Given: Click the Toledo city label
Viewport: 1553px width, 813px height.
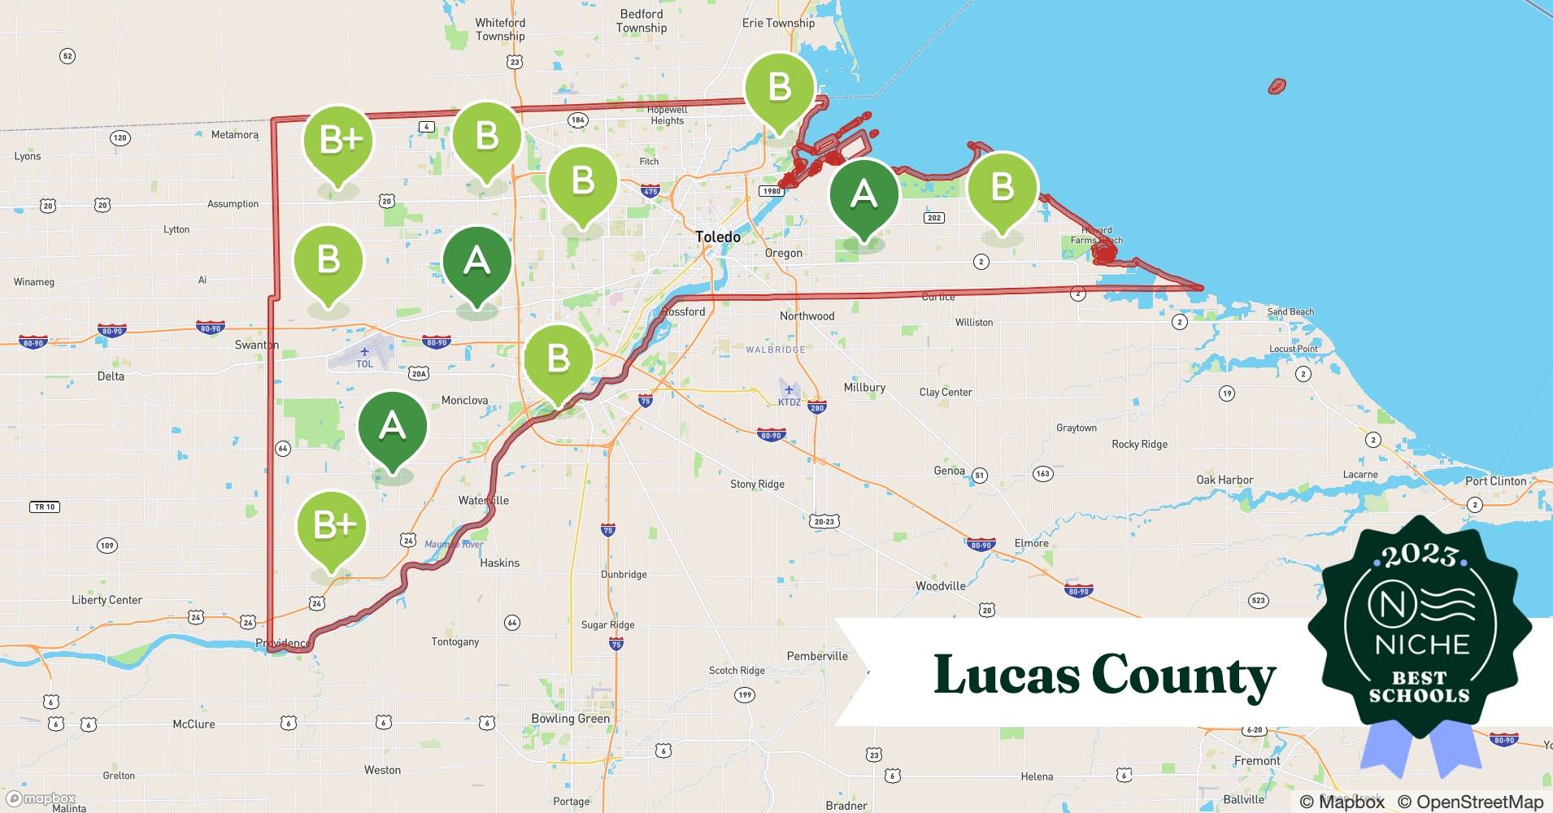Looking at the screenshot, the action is click(717, 237).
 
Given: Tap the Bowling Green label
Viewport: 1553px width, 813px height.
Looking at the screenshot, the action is click(570, 719).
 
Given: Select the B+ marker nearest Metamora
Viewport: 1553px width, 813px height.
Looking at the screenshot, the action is click(337, 141).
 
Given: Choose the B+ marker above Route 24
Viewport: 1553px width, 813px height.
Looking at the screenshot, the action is click(331, 526).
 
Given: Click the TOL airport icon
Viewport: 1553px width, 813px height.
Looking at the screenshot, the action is click(364, 352).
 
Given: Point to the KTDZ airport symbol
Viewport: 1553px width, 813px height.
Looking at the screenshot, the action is click(789, 390).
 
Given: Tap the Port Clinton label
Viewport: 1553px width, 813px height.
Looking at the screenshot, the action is click(1495, 480).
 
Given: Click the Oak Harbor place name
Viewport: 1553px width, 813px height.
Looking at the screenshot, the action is click(1224, 480).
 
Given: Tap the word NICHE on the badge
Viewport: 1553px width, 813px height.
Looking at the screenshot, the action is click(1422, 645).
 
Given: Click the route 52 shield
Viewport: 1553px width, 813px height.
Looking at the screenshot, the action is click(67, 56).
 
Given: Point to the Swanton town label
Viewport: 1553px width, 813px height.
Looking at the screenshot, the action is click(256, 345).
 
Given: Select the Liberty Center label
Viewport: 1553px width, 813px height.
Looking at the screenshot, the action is click(107, 600).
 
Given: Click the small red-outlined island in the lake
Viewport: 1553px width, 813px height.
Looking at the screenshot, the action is click(1277, 85).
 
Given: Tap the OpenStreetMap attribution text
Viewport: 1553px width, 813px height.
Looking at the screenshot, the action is click(1470, 802).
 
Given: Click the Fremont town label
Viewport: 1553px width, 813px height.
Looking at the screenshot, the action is click(1257, 761).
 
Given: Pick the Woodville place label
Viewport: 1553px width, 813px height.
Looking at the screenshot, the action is click(940, 585).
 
